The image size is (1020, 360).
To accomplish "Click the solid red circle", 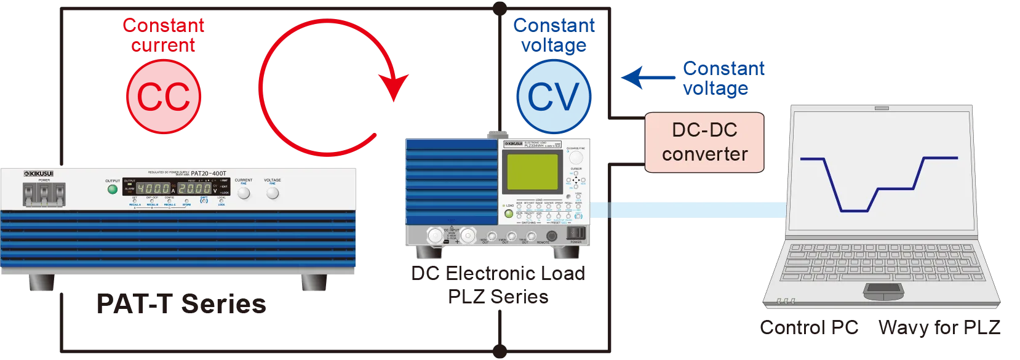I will tap(163, 96).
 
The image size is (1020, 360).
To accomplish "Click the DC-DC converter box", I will tap(704, 142).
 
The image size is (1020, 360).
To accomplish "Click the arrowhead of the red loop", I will tap(393, 86).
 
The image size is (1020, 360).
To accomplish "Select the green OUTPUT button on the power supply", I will tap(112, 189).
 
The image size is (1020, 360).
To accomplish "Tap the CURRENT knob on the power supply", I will tap(244, 193).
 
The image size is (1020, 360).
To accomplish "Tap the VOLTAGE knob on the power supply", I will tap(273, 193).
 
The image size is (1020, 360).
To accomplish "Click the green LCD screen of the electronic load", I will tap(532, 172).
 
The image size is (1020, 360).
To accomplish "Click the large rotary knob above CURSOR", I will tap(576, 156).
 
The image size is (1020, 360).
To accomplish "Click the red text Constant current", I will tap(163, 35).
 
